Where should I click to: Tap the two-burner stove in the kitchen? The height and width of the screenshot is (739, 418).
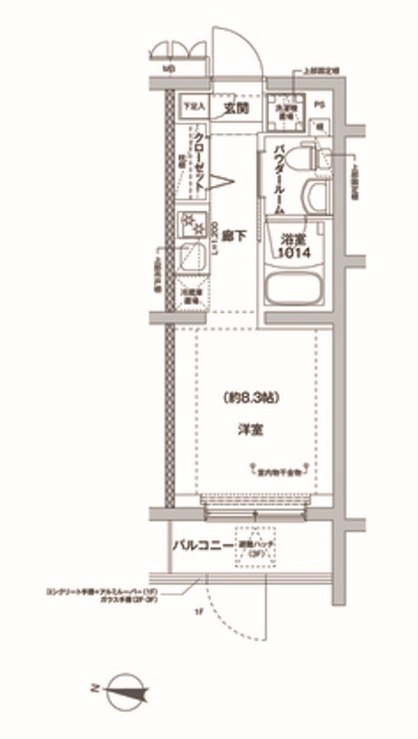193,224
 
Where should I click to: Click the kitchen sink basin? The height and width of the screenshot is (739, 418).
193,257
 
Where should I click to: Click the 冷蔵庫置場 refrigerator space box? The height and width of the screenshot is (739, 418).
193,295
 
